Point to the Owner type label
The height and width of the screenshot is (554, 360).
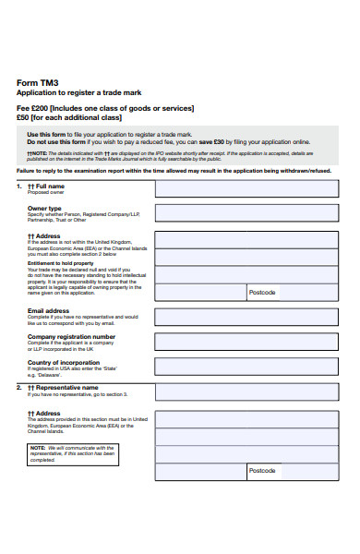pyautogui.click(x=44, y=209)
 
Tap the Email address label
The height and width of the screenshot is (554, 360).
pyautogui.click(x=49, y=311)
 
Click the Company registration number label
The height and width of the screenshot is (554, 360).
pyautogui.click(x=71, y=337)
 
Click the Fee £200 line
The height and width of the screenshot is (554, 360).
pyautogui.click(x=105, y=107)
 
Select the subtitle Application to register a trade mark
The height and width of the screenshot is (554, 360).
pyautogui.click(x=78, y=93)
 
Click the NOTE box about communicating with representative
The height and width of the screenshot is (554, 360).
pyautogui.click(x=72, y=453)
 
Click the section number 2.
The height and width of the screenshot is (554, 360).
pyautogui.click(x=19, y=388)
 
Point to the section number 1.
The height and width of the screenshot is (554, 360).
pyautogui.click(x=19, y=186)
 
